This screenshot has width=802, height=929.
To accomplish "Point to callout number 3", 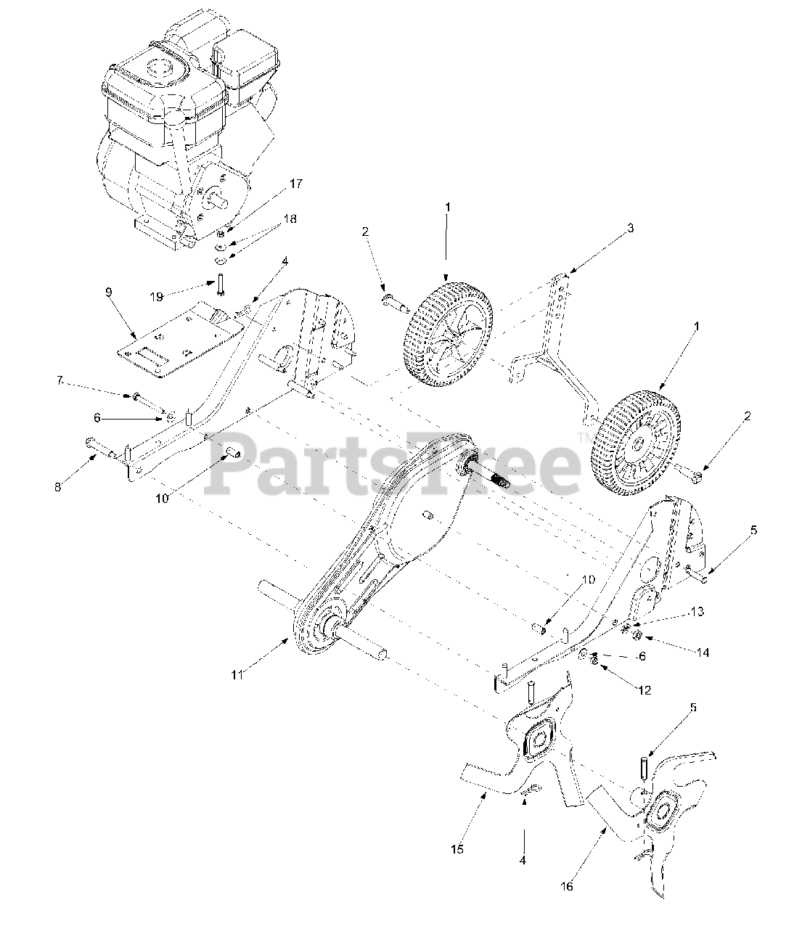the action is click(x=631, y=229).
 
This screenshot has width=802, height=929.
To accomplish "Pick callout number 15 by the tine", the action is click(x=457, y=848).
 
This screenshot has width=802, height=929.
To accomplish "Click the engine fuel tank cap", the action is click(x=159, y=70).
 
